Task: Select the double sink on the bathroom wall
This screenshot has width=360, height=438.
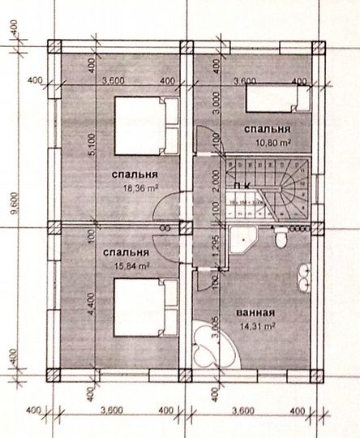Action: click(x=304, y=277)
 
